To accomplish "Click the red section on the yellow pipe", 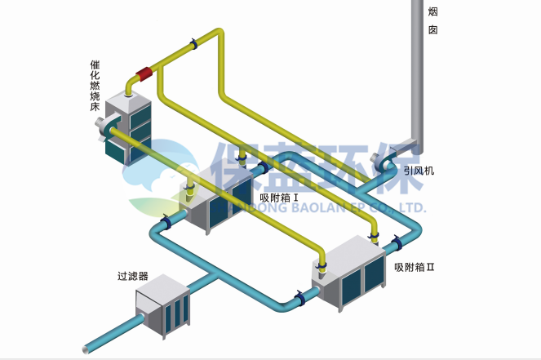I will [145, 74].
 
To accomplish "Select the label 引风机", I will [419, 171].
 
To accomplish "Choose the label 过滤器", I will [132, 276].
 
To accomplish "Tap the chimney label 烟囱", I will [432, 21].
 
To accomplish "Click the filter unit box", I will [162, 306].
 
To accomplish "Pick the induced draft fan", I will [383, 159].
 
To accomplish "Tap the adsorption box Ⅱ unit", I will [351, 273].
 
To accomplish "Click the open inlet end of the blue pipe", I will [86, 349].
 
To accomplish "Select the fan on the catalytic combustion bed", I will [104, 127].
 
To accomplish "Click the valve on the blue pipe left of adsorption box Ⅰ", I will [166, 222].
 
